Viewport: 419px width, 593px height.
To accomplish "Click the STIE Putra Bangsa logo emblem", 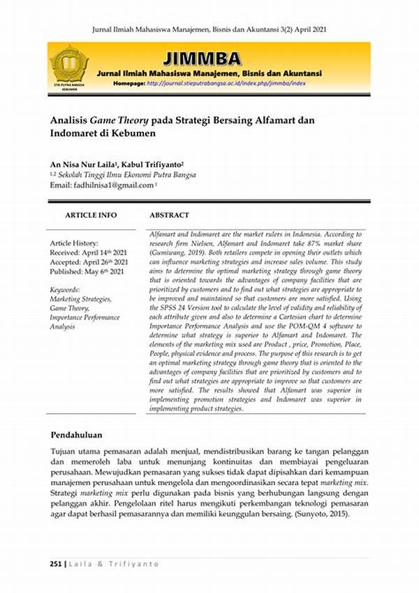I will pos(69,64).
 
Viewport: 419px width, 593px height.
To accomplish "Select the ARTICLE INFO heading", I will pos(91,215).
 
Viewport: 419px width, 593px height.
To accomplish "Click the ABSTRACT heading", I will pos(170,215).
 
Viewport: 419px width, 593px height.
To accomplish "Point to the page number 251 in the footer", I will pos(56,564).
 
